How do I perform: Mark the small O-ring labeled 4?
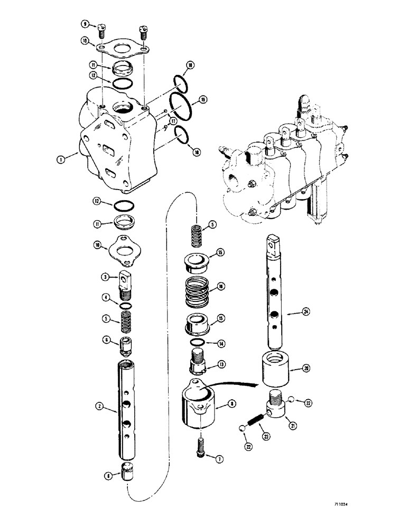(x=125, y=306)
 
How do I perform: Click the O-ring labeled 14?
(x=196, y=345)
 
